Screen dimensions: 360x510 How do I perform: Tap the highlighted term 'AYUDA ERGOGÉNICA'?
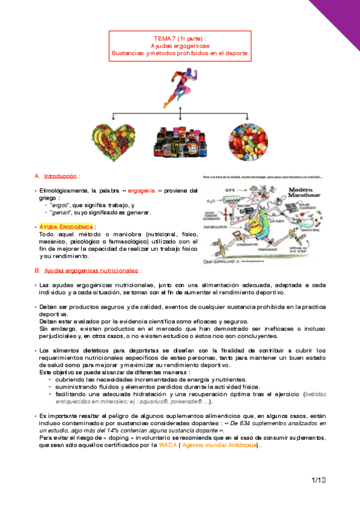pyautogui.click(x=66, y=226)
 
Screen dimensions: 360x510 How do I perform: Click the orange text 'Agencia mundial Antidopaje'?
pyautogui.click(x=219, y=445)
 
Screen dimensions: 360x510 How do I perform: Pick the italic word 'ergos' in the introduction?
pyautogui.click(x=59, y=206)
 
